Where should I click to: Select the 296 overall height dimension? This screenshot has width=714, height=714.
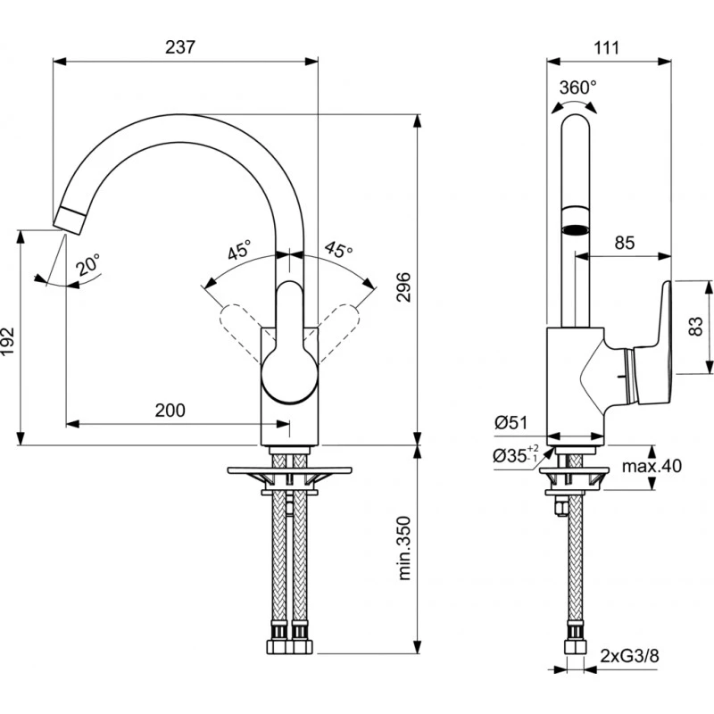(x=403, y=286)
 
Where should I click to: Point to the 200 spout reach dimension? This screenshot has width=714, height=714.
(x=170, y=411)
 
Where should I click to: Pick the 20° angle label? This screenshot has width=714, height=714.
(x=87, y=264)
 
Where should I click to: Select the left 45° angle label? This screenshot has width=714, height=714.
(x=239, y=251)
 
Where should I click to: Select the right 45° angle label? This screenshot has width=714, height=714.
(x=338, y=251)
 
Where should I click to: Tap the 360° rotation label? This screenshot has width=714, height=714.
(x=577, y=87)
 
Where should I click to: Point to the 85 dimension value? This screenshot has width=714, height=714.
(x=624, y=242)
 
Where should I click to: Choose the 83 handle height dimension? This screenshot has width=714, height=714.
(x=697, y=327)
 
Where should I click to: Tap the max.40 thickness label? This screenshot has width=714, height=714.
(x=652, y=466)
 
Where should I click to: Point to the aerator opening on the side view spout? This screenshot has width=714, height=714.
(x=577, y=228)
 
